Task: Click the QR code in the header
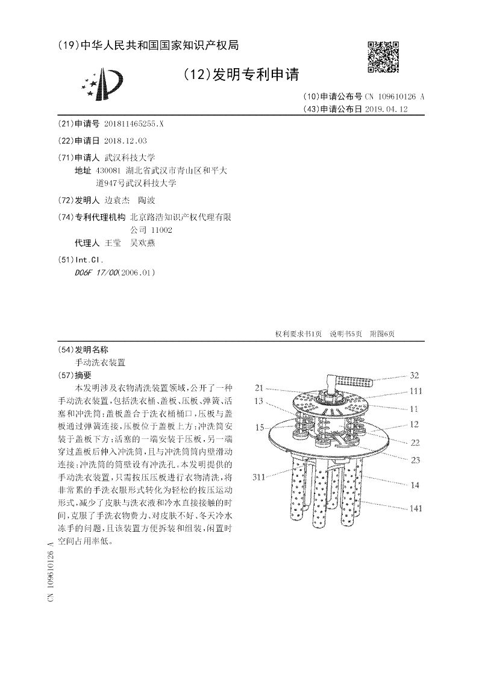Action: click(x=383, y=57)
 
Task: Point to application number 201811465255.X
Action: click(x=134, y=124)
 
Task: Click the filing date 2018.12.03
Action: click(x=125, y=141)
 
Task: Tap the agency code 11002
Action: click(x=161, y=230)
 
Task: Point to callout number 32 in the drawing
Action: click(x=415, y=374)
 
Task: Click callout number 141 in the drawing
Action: click(x=416, y=508)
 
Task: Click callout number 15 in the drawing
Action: click(x=260, y=427)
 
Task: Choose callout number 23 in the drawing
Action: click(x=415, y=458)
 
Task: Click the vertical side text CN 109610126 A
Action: click(x=51, y=570)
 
